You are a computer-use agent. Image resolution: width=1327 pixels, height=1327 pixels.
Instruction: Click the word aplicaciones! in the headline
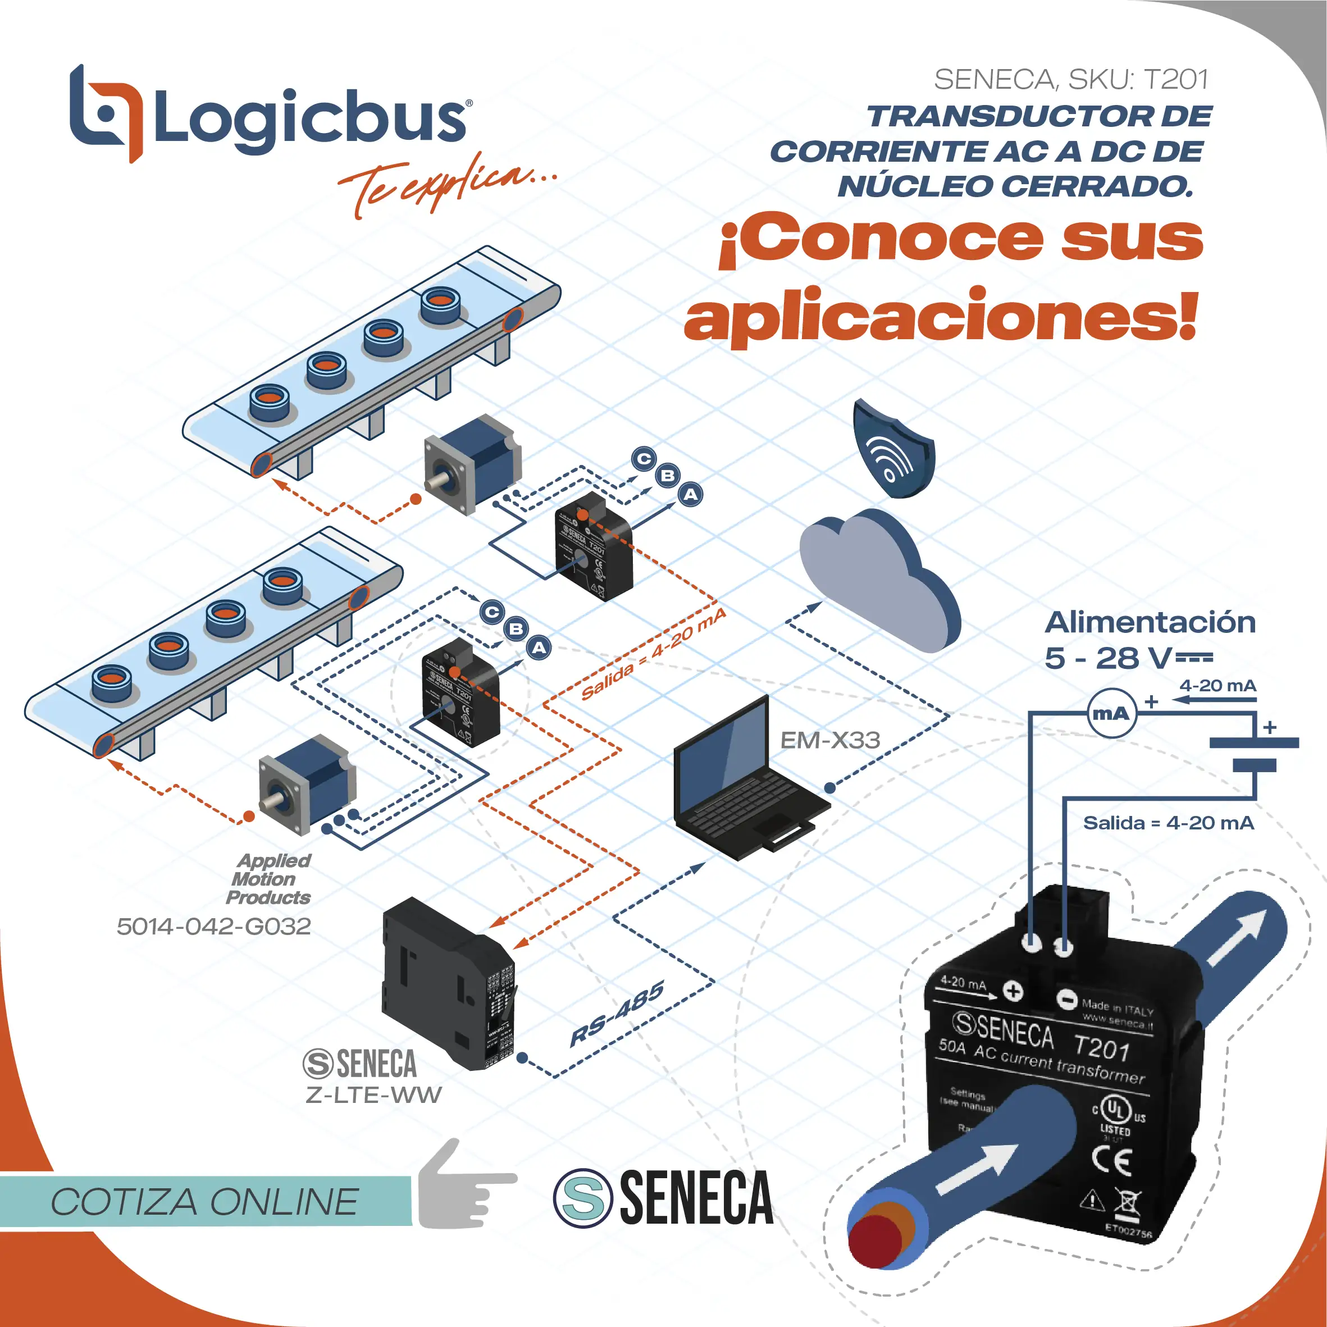941,317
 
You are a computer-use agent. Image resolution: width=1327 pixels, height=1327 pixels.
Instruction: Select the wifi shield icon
892,449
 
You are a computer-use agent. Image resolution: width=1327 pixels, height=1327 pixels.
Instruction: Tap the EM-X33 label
829,740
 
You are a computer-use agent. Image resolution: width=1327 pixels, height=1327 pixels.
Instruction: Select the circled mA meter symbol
1110,714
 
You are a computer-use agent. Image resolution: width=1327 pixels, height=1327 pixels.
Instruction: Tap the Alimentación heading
1150,622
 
